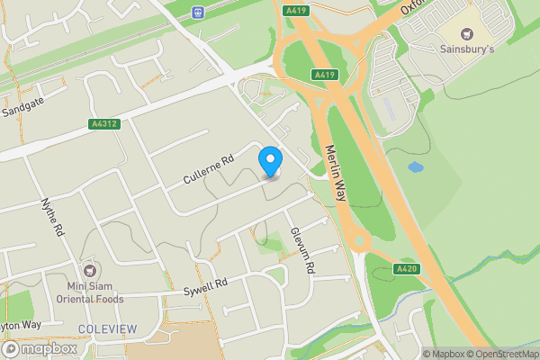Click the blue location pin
click(x=270, y=162)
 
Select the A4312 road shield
click(x=104, y=124)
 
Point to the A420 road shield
click(x=407, y=269)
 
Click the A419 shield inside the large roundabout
click(x=325, y=74)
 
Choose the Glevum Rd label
click(x=301, y=249)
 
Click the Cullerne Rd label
click(x=209, y=168)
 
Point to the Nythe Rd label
click(x=53, y=217)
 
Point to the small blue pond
click(x=415, y=166)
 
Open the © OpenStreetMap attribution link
click(x=502, y=354)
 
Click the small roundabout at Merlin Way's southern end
click(x=360, y=240)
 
